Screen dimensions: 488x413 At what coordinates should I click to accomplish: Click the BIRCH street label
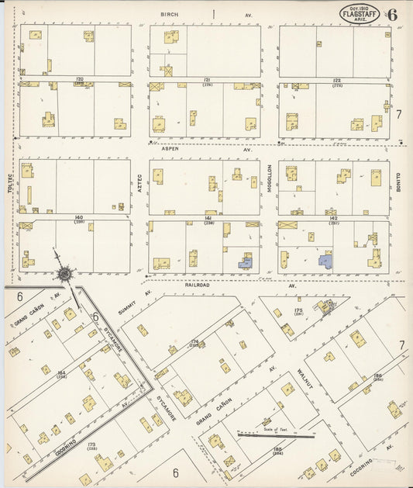[169, 15]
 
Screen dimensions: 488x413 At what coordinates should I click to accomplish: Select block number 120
[79, 79]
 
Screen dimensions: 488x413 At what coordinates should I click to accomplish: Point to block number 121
[207, 79]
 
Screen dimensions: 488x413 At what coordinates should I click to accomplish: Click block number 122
[336, 79]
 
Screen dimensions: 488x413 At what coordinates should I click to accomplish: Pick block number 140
[79, 216]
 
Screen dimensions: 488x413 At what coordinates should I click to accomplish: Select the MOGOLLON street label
[270, 178]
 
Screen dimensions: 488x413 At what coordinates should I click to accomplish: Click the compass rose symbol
[63, 272]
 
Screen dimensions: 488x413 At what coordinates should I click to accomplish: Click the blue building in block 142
[326, 261]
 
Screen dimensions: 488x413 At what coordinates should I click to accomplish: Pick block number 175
[298, 310]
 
